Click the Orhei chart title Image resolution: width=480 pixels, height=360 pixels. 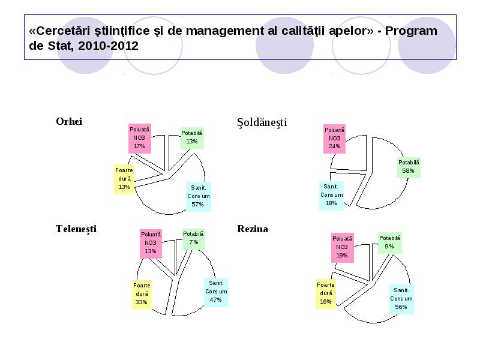click(69, 121)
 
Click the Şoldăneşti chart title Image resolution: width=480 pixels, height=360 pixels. click(262, 122)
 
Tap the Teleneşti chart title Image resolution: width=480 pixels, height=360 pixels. click(76, 229)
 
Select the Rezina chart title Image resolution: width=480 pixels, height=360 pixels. click(253, 229)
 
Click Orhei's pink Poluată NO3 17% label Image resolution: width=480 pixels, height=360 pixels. click(140, 138)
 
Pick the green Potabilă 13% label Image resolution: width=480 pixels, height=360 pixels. click(192, 137)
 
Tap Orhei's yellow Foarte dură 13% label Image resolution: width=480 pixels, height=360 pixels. click(124, 179)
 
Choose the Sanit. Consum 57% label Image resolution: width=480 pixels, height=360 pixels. click(199, 196)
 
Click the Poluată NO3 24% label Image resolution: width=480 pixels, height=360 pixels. click(334, 139)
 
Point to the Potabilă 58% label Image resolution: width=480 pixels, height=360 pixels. click(409, 167)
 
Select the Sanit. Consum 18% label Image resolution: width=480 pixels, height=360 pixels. click(331, 195)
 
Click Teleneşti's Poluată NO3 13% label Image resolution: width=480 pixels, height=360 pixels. click(151, 243)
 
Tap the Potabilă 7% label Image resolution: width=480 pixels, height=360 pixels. click(193, 238)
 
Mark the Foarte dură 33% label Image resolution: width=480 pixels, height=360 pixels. click(142, 294)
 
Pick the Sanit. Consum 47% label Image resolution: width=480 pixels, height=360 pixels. click(216, 292)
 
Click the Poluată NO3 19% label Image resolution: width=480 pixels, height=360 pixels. click(342, 247)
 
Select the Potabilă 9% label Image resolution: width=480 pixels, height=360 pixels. click(389, 242)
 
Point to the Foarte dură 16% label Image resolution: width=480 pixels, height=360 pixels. click(326, 293)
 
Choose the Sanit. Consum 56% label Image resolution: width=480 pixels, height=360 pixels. click(401, 299)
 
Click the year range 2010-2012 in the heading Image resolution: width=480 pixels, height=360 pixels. click(109, 46)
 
